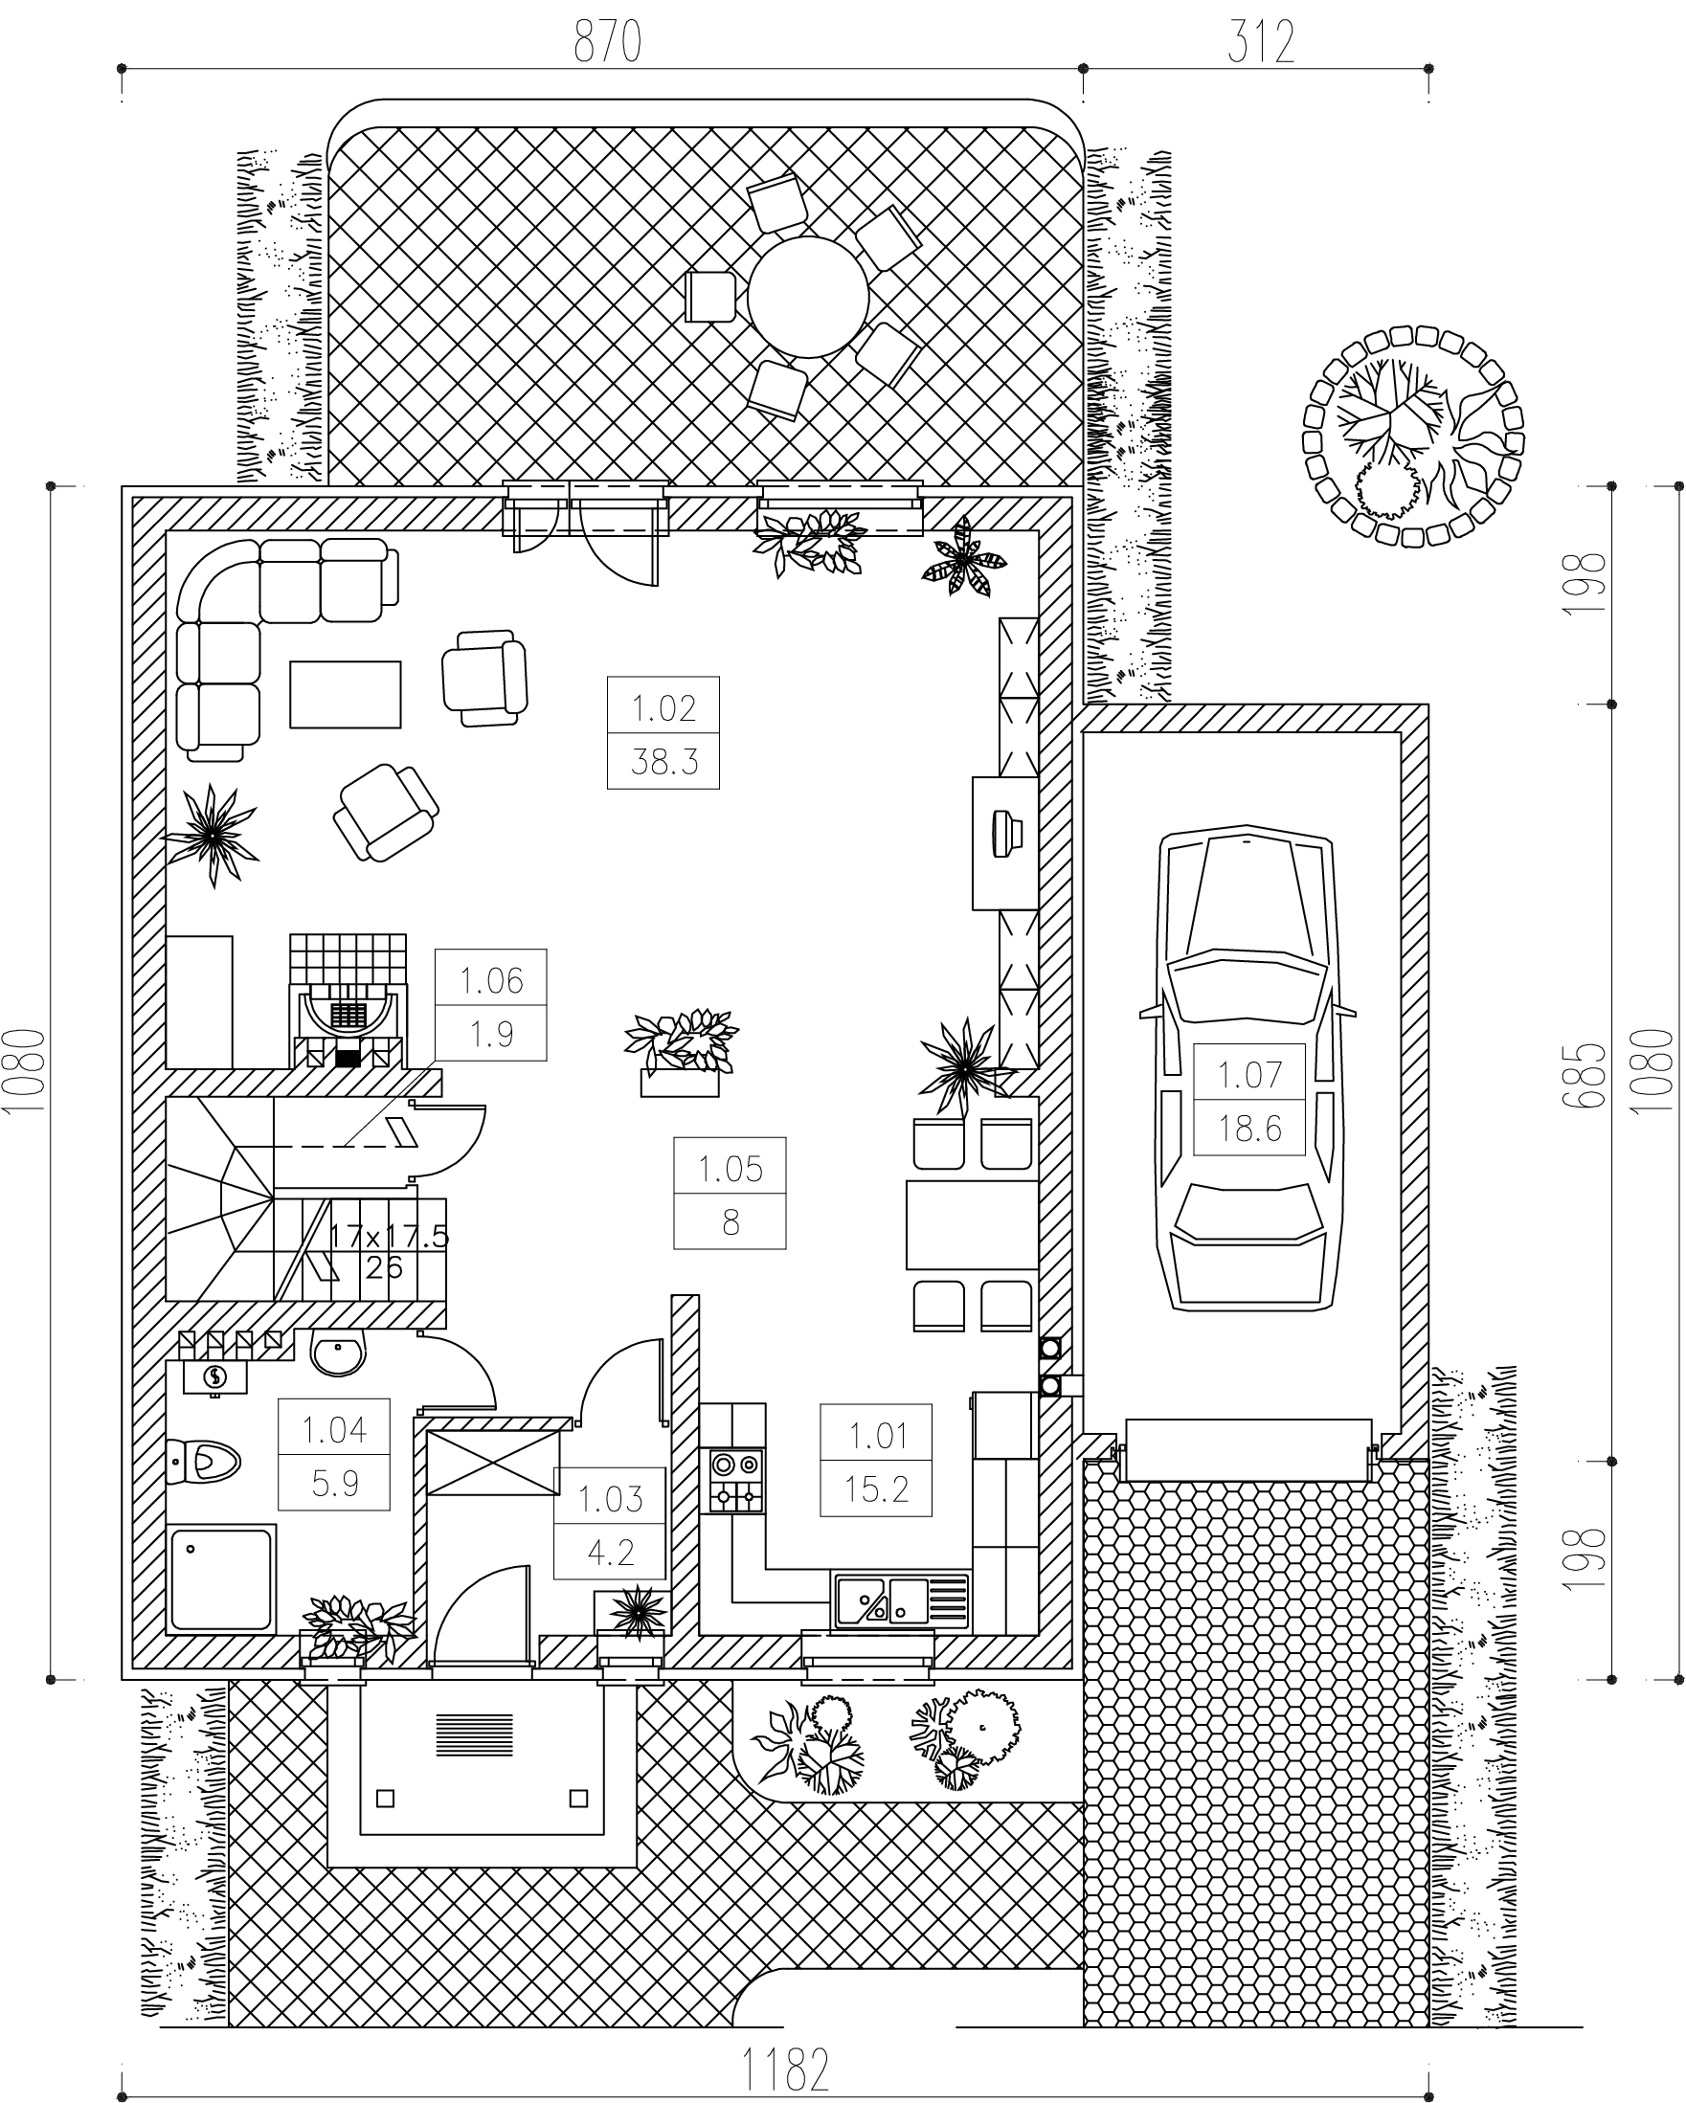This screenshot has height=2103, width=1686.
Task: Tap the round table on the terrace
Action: coord(808,298)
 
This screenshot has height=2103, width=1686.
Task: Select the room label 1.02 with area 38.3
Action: coord(663,731)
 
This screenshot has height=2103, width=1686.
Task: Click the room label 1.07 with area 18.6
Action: coord(1249,1100)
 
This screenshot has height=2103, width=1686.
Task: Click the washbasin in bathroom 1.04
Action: coord(339,1354)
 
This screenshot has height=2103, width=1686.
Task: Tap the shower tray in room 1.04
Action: coord(221,1580)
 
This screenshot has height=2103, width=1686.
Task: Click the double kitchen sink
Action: coord(901,1600)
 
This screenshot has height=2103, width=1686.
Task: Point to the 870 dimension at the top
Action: coord(607,44)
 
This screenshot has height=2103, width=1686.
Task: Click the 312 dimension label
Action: coord(1261,44)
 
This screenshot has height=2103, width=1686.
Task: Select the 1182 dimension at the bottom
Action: coord(785,2069)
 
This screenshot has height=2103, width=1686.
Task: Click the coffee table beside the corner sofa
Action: coord(346,695)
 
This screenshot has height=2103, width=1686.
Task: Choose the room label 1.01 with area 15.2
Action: coord(876,1460)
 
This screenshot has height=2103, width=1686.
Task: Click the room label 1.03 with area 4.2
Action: coord(610,1524)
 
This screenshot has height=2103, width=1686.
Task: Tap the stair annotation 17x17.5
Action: coord(388,1237)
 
